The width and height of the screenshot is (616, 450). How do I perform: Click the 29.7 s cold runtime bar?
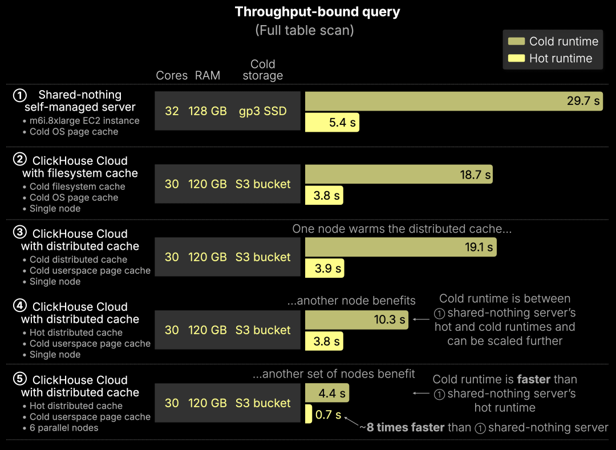pyautogui.click(x=453, y=101)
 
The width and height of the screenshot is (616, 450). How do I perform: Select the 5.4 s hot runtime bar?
pyautogui.click(x=332, y=123)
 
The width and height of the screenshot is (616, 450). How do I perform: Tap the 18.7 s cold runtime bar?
pyautogui.click(x=399, y=175)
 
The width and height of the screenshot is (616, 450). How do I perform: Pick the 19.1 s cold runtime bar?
pyautogui.click(x=400, y=248)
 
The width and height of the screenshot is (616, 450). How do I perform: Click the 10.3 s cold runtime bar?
pyautogui.click(x=356, y=320)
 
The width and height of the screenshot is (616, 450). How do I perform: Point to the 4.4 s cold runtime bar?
pyautogui.click(x=327, y=393)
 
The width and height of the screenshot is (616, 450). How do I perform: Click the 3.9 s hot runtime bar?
pyautogui.click(x=325, y=269)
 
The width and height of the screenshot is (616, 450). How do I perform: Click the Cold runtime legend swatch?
pyautogui.click(x=517, y=41)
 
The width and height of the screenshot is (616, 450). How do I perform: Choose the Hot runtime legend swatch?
pyautogui.click(x=517, y=58)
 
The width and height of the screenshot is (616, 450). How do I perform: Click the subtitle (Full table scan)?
pyautogui.click(x=305, y=30)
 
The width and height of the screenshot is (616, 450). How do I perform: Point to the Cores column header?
pyautogui.click(x=172, y=76)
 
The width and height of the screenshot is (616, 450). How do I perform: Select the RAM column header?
pyautogui.click(x=208, y=76)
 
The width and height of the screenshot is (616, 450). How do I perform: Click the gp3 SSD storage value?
pyautogui.click(x=263, y=111)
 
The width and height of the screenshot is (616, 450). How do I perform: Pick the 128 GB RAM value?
pyautogui.click(x=208, y=111)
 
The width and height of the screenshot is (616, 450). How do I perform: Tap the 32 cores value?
pyautogui.click(x=172, y=111)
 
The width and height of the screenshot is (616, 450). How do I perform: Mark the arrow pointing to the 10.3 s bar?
pyautogui.click(x=420, y=320)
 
